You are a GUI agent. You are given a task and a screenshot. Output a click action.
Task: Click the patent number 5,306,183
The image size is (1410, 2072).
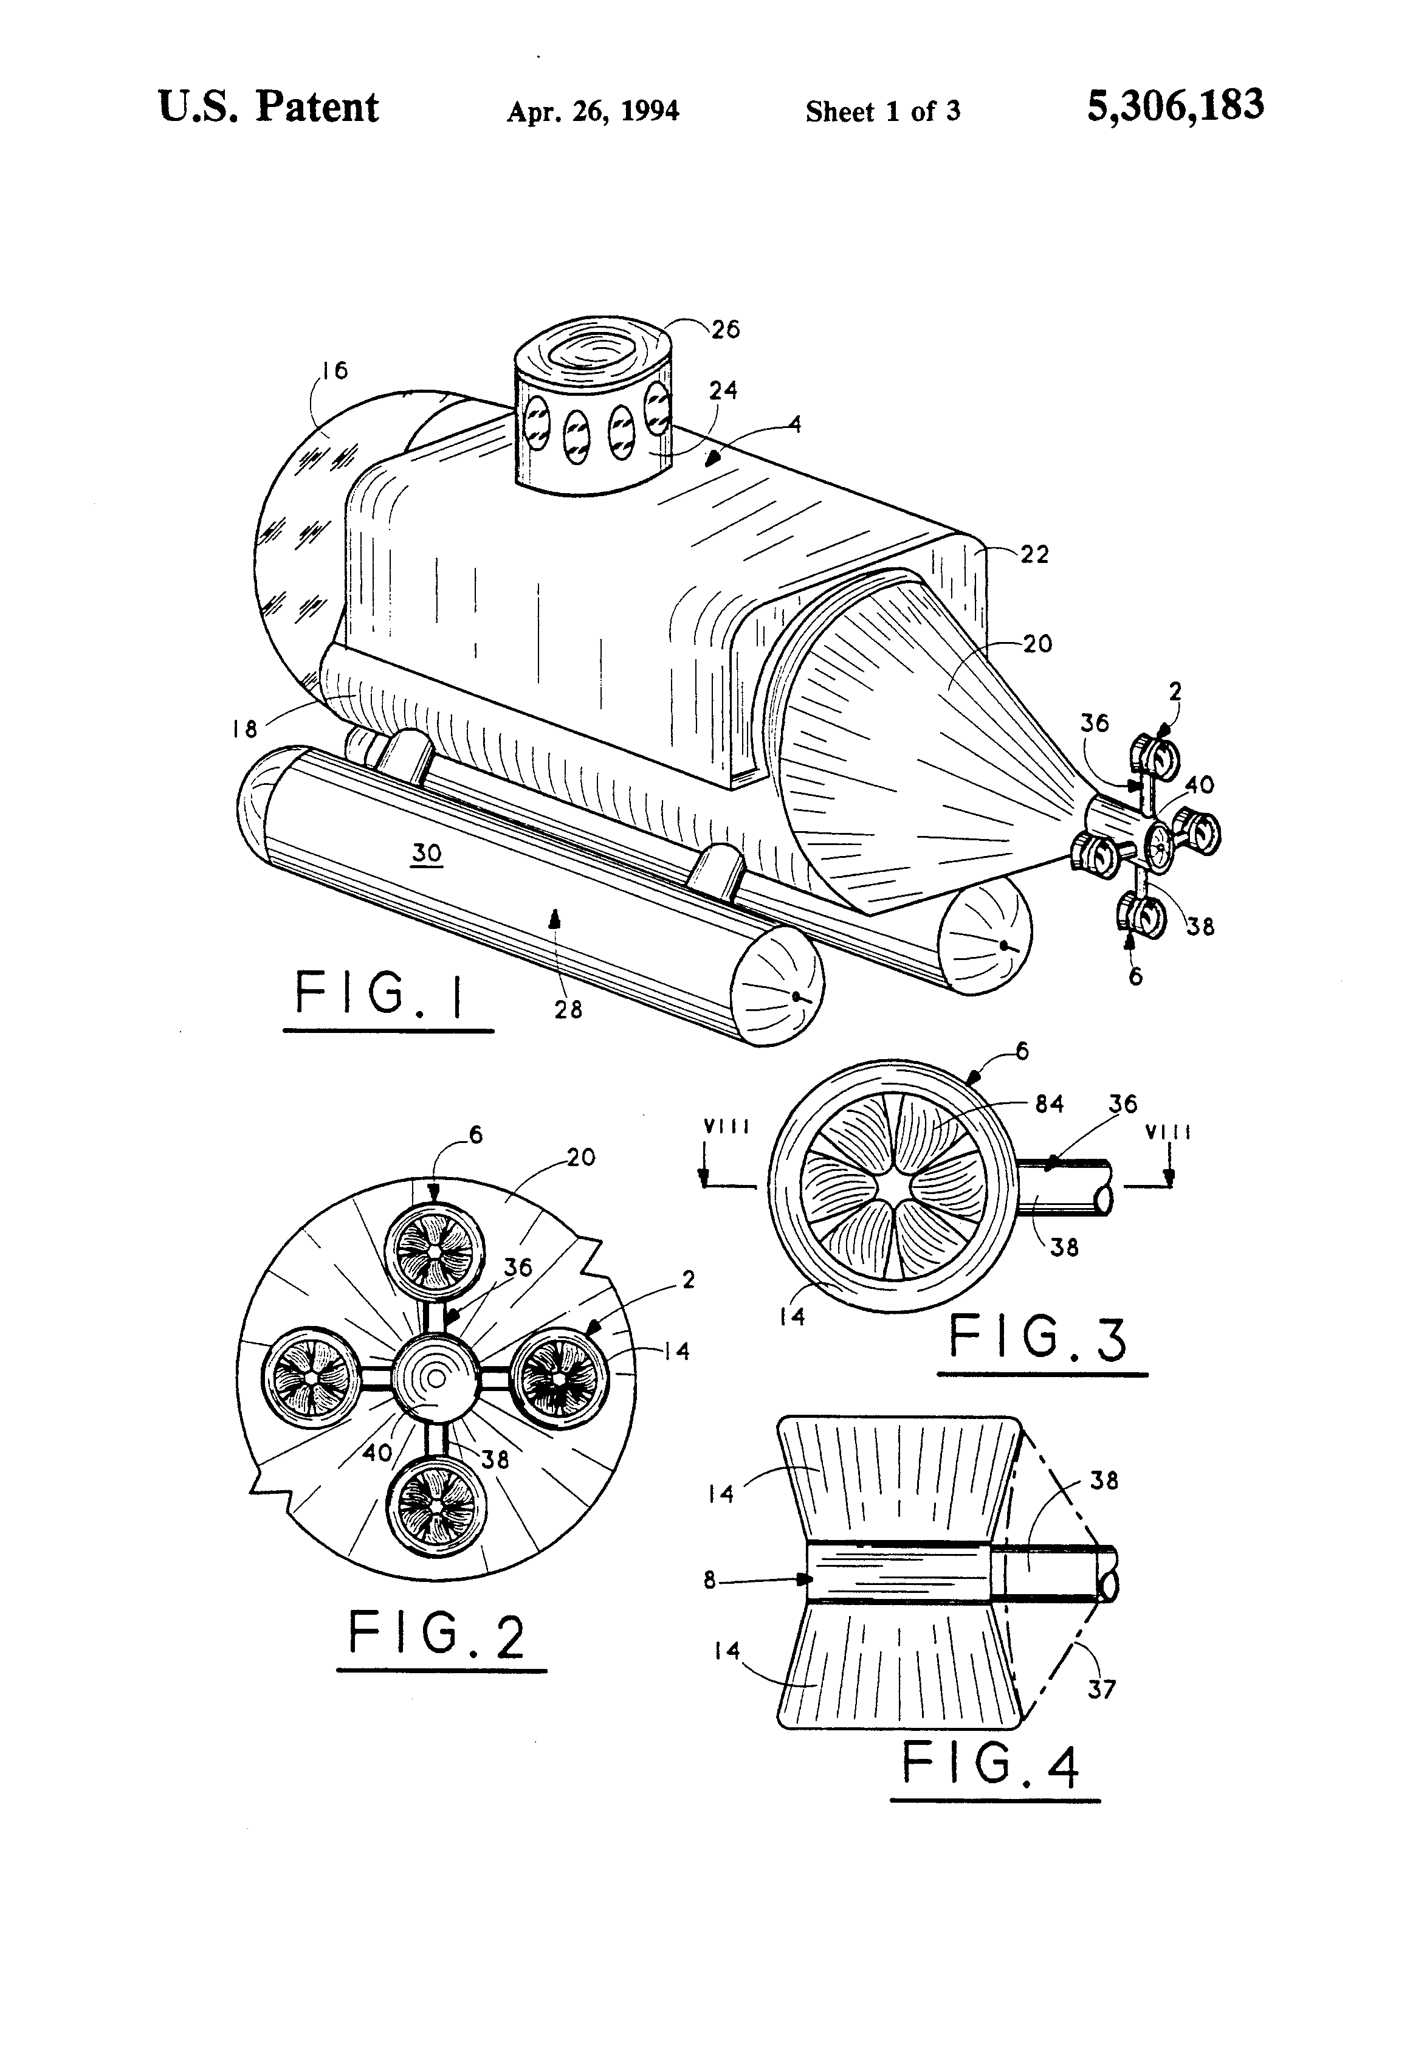click(1175, 105)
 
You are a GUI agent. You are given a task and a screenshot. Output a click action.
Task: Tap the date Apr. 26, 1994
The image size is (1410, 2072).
click(593, 111)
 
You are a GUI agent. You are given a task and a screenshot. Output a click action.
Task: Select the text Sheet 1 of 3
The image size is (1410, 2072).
click(882, 111)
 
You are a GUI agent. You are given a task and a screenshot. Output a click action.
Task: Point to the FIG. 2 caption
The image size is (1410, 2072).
click(437, 1634)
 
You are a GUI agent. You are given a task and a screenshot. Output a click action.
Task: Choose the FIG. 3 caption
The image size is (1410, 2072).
click(1038, 1338)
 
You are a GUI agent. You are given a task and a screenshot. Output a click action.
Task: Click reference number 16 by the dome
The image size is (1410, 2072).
click(334, 370)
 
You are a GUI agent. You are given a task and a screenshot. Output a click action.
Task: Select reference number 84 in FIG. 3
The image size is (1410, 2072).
click(1049, 1103)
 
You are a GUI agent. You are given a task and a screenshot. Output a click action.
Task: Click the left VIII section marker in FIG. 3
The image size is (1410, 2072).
click(726, 1127)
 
